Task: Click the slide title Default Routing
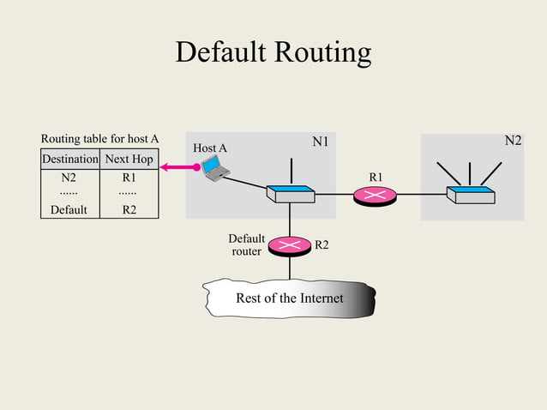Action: (273, 52)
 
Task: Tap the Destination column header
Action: (70, 159)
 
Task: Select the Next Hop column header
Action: (129, 159)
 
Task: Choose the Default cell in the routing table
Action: (69, 208)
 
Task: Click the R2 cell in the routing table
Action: (129, 208)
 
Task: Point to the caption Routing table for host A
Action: (100, 138)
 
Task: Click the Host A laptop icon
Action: (215, 171)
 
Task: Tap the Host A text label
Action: (210, 148)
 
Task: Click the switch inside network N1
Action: (290, 194)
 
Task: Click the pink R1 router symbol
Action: (375, 196)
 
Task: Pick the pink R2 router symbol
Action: (290, 246)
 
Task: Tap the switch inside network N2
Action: (469, 195)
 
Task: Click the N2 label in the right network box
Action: (512, 141)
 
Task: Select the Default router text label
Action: (246, 244)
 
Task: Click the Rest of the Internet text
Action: (289, 298)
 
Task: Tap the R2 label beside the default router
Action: (322, 245)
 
